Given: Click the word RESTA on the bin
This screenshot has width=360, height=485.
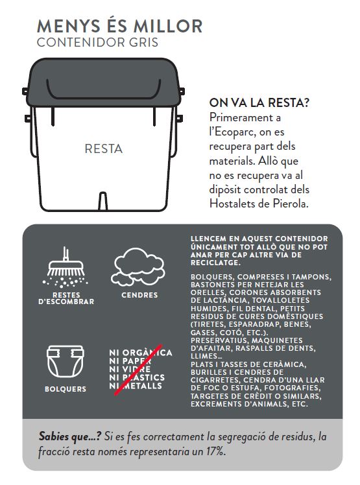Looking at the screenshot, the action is click(103, 148).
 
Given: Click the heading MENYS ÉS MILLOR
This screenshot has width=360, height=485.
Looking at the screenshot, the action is click(119, 26).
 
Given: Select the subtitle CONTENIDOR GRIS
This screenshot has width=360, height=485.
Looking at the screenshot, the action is click(97, 42).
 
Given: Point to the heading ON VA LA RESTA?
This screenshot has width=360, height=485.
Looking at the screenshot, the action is click(259, 102).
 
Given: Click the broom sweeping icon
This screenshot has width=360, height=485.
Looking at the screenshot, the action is click(66, 266).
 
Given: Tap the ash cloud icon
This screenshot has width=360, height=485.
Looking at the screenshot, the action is click(138, 266).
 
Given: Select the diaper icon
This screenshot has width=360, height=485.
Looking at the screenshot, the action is click(66, 361).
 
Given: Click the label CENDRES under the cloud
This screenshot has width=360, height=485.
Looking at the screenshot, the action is click(139, 295).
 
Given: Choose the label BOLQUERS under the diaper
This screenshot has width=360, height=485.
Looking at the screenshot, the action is click(66, 389).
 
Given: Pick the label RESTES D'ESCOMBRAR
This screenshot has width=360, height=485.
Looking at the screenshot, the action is click(66, 298).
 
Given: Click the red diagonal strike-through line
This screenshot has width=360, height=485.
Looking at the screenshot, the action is click(138, 370).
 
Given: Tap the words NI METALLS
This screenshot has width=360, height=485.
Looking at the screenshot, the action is click(136, 386).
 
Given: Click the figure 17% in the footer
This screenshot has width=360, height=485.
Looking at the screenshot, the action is click(216, 451).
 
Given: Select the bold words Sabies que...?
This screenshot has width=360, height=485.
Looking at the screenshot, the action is click(69, 436).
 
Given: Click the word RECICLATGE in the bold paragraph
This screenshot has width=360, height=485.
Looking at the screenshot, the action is click(215, 263).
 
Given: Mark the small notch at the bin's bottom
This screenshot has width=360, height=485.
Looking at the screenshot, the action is click(103, 202).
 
